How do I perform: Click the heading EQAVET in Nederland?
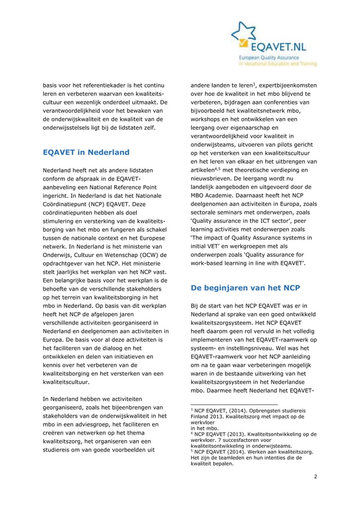pos(86,152)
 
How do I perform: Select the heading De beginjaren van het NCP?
pos(245,288)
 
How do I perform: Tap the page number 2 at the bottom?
pos(315,476)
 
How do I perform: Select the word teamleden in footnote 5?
pos(231,457)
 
